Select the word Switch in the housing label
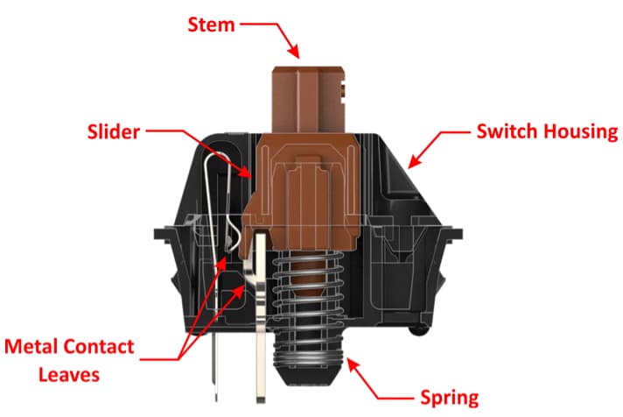(505, 133)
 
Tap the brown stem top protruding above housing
(307, 96)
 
